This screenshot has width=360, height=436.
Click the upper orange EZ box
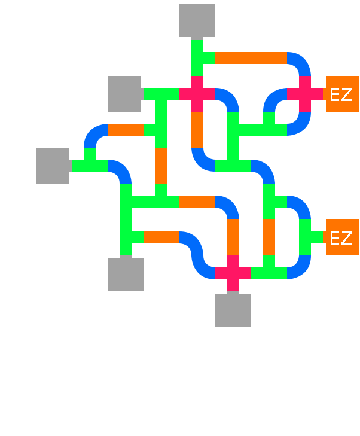click(341, 94)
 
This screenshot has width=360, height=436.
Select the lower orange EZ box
click(341, 237)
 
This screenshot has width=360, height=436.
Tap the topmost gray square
click(197, 21)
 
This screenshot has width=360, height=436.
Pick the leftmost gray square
click(53, 166)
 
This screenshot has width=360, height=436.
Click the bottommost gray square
click(233, 310)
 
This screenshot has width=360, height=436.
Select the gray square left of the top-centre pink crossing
click(124, 94)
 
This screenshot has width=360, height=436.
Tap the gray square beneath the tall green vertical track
click(126, 275)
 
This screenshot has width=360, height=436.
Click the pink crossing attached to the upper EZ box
click(305, 94)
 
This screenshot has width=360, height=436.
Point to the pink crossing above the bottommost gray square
click(233, 273)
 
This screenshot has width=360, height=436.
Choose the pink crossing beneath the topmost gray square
click(197, 94)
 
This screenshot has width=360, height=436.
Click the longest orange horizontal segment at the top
click(251, 58)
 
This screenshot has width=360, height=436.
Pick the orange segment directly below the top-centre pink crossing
click(197, 130)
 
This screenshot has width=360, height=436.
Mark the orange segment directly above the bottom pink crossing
click(233, 237)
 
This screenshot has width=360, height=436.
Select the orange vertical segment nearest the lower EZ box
click(269, 237)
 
